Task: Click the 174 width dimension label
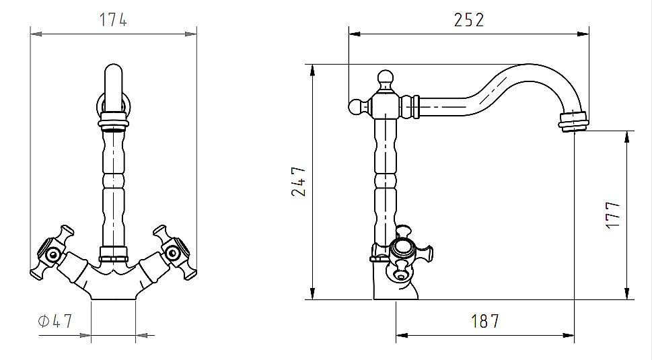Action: pos(112,20)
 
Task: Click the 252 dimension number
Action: pos(468,20)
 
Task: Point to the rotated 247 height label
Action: pos(299,181)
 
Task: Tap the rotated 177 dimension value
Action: pos(613,215)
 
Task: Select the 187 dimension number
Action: pos(484,321)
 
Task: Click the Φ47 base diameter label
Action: pos(55,321)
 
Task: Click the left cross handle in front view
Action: pos(51,253)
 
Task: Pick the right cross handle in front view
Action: pos(175,253)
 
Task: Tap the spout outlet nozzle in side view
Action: pos(573,121)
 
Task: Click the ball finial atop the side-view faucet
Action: pos(386,79)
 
